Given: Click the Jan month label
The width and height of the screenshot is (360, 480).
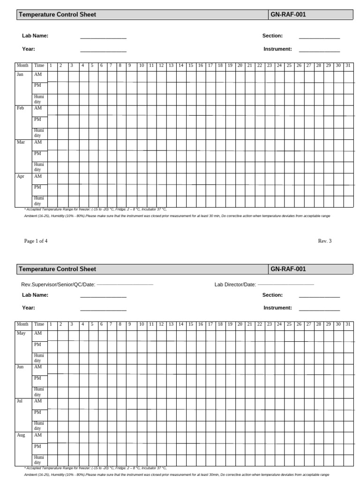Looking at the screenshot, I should (x=20, y=75).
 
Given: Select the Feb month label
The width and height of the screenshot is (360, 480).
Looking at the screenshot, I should (x=20, y=108).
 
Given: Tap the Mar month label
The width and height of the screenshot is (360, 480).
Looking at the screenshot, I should (x=21, y=142).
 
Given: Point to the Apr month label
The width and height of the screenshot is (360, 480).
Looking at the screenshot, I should (x=21, y=176).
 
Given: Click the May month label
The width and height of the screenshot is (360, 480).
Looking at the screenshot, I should (x=21, y=333).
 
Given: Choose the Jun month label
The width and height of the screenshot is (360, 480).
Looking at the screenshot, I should (x=20, y=367).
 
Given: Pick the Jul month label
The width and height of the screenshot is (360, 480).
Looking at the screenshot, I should (x=20, y=401).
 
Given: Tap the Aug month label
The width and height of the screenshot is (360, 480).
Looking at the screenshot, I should (x=21, y=435).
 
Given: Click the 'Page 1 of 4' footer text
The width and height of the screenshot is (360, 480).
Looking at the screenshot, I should (x=36, y=241).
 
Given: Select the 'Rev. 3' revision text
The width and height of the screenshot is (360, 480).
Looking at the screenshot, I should (x=324, y=241).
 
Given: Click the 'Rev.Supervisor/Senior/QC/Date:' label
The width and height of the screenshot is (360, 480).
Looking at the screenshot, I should (x=58, y=285).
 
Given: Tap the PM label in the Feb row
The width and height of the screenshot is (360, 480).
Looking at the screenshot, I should (x=37, y=120).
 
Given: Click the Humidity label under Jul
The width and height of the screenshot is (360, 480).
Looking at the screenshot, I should (x=38, y=426).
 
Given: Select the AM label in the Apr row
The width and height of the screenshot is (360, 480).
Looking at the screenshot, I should (x=37, y=176).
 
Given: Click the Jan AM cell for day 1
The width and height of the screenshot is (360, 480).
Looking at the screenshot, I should (x=52, y=76).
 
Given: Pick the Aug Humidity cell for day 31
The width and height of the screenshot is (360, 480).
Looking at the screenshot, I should (x=348, y=459).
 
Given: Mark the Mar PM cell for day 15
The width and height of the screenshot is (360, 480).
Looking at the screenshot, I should (x=191, y=156).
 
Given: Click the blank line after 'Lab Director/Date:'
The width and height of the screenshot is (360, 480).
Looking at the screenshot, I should (x=285, y=285).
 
